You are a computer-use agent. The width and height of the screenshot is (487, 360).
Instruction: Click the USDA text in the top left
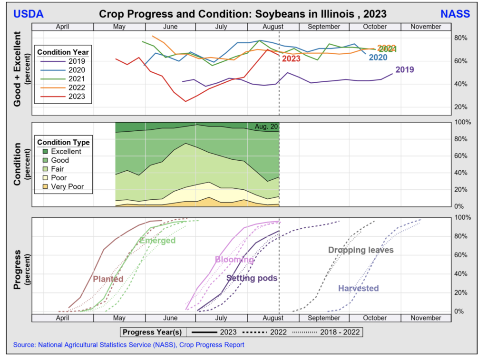(x=28, y=14)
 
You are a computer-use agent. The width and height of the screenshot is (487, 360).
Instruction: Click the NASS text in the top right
(x=455, y=14)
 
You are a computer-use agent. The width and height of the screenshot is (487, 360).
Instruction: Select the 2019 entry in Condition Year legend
(x=76, y=61)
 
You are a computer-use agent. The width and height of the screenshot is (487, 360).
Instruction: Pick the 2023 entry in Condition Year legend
(x=76, y=97)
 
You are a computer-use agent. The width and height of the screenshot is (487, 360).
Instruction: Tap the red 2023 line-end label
(x=291, y=59)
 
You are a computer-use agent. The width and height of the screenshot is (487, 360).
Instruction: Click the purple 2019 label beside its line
(x=404, y=70)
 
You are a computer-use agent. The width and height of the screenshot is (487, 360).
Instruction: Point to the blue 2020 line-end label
(x=378, y=58)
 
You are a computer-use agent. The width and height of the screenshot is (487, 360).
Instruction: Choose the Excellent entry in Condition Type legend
(x=66, y=152)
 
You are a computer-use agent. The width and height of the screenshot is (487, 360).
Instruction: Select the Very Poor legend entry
(x=67, y=187)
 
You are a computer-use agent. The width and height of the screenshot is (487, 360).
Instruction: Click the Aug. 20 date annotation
(x=265, y=127)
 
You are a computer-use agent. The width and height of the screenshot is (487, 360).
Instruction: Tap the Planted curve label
(x=108, y=279)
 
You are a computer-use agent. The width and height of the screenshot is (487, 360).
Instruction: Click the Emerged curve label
(x=157, y=241)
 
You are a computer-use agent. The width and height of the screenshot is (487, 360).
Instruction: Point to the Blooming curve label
(x=234, y=260)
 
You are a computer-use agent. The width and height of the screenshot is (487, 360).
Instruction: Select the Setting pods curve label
(x=252, y=278)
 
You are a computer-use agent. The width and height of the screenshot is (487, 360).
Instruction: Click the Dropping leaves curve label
(x=360, y=250)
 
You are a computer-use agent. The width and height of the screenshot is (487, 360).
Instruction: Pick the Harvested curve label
(x=358, y=288)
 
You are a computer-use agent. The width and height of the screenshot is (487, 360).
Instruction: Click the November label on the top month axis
(x=425, y=27)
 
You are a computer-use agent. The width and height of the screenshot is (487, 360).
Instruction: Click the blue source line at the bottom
(x=128, y=345)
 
